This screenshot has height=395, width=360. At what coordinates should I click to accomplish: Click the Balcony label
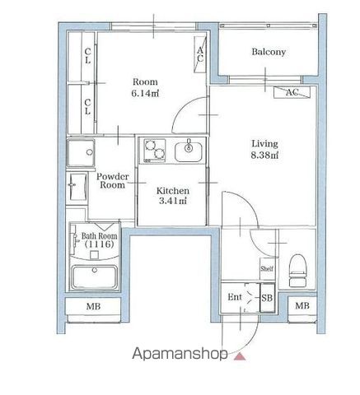(x=269, y=52)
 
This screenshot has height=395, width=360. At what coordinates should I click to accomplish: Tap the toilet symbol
(x=297, y=271)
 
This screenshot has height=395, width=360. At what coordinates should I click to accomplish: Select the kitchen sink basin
(x=189, y=151)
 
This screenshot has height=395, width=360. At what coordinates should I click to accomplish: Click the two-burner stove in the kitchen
(x=155, y=151)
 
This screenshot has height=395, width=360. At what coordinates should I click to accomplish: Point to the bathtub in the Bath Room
(x=94, y=277)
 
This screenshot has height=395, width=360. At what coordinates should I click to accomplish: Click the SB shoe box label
(x=267, y=298)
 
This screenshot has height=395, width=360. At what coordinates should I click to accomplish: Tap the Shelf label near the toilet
(x=267, y=268)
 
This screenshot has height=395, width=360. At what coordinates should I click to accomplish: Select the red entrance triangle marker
(x=240, y=356)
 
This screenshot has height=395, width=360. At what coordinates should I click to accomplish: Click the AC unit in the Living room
(x=292, y=92)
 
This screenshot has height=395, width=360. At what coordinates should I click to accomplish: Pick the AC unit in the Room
(x=200, y=54)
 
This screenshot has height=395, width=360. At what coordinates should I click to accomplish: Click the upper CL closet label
(x=87, y=56)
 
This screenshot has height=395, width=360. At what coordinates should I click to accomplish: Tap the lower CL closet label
(x=87, y=107)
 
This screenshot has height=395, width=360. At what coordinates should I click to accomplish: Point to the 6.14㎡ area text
(x=145, y=94)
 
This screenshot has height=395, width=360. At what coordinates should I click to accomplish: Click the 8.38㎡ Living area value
(x=264, y=156)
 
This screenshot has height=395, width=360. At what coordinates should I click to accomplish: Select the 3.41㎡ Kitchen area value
(x=173, y=201)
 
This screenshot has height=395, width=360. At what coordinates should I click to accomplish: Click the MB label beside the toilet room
(x=302, y=305)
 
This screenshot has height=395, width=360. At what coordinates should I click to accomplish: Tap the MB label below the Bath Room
(x=93, y=306)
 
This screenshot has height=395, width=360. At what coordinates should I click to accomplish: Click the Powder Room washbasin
(x=77, y=187)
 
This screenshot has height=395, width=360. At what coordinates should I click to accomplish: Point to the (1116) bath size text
(x=99, y=244)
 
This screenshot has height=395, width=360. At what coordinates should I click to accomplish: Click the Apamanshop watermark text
(x=180, y=354)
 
